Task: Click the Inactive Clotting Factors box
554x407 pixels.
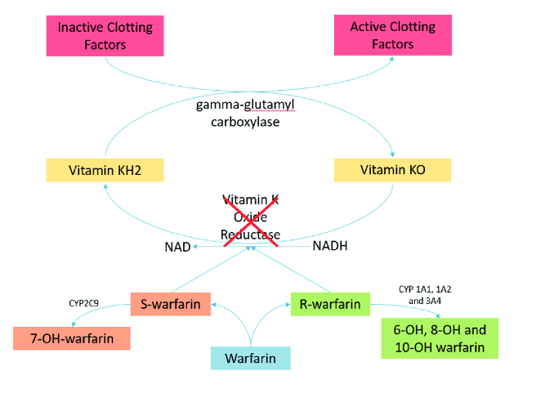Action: tap(105, 35)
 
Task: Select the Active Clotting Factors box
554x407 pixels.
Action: tap(393, 35)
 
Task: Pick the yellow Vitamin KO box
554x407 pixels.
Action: tap(392, 170)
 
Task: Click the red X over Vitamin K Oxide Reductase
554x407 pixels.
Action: tap(251, 218)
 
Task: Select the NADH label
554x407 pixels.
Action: tap(330, 245)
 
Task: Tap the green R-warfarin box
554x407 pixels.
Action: tap(330, 304)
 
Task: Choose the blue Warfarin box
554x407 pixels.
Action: tap(250, 358)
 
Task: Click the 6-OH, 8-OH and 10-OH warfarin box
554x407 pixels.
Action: tap(440, 338)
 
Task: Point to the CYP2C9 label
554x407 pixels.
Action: tap(84, 303)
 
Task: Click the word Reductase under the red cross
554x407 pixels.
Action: tap(251, 235)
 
